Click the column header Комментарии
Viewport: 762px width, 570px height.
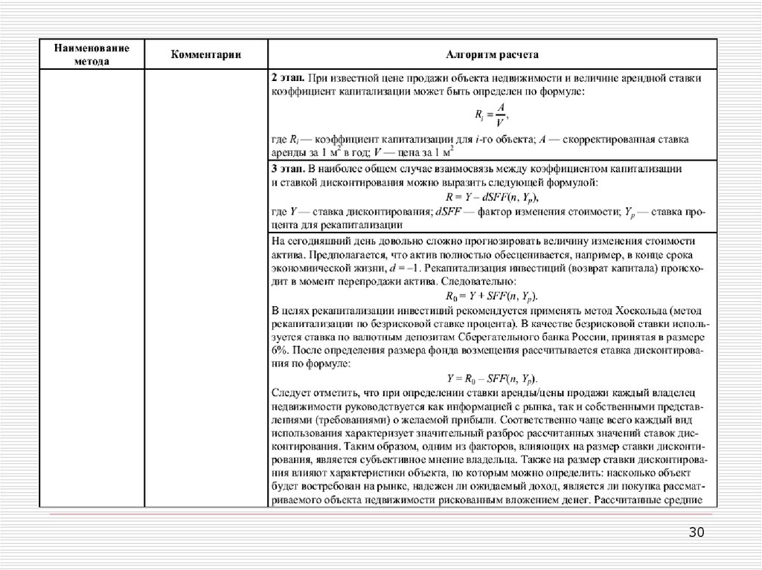[x=206, y=55]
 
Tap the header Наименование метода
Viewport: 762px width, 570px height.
[x=91, y=55]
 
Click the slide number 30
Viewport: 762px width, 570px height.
[x=697, y=532]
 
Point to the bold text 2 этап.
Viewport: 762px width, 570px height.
[x=286, y=77]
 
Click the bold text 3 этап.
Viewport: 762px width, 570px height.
[x=286, y=169]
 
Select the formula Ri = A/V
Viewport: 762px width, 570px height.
[x=491, y=115]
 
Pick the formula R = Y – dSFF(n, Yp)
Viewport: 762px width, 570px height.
[x=491, y=198]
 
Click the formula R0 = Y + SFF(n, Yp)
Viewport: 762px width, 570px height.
[x=491, y=296]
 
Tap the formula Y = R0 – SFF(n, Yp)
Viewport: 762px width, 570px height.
[x=491, y=378]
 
